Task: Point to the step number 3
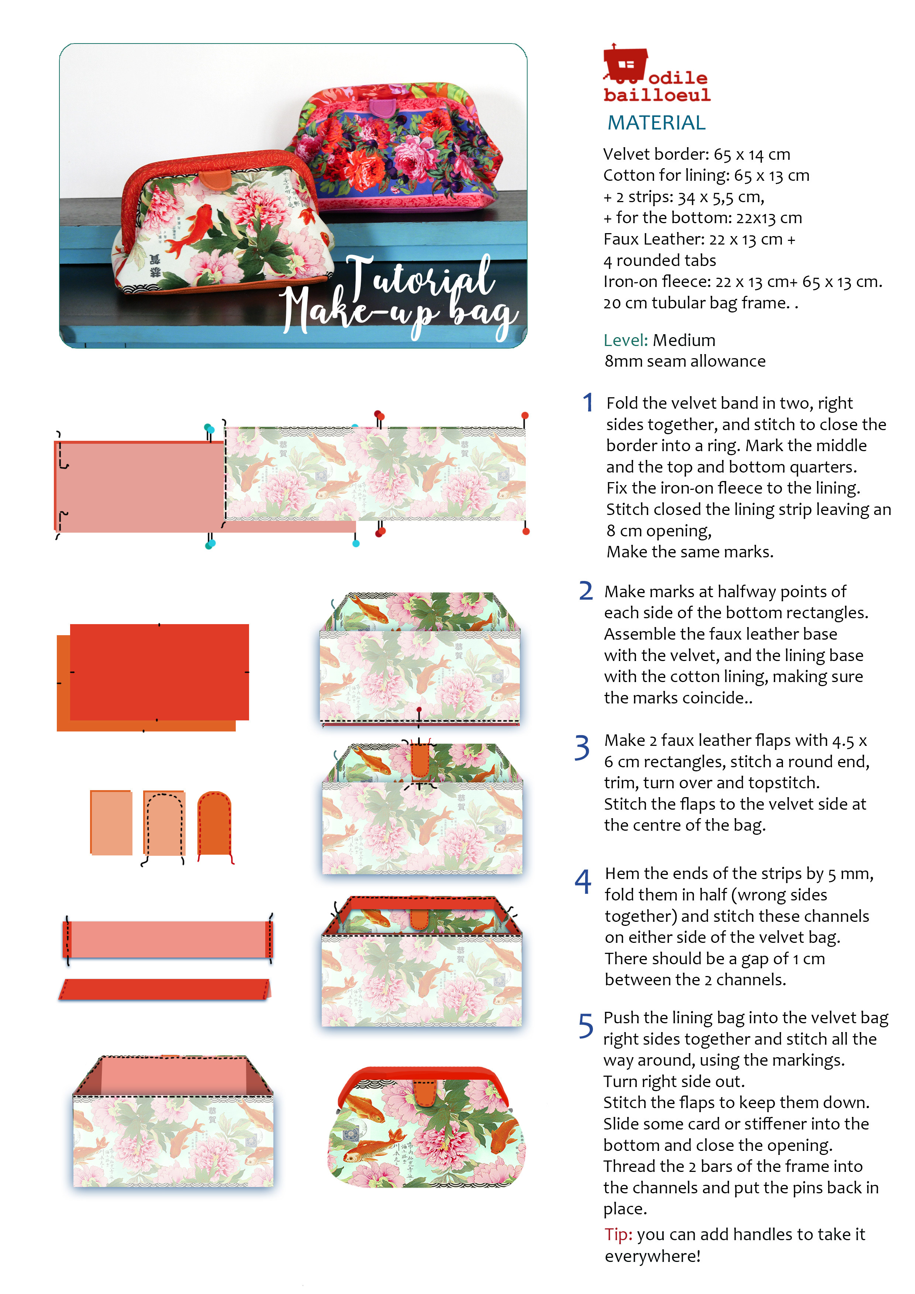click(x=582, y=747)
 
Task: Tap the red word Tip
click(x=618, y=1234)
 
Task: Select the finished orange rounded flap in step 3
click(x=215, y=824)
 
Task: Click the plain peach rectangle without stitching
click(x=111, y=822)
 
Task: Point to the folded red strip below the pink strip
click(x=165, y=989)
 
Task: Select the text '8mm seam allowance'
click(x=685, y=361)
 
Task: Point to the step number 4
click(x=583, y=882)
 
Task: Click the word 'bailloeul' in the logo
click(x=657, y=95)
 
